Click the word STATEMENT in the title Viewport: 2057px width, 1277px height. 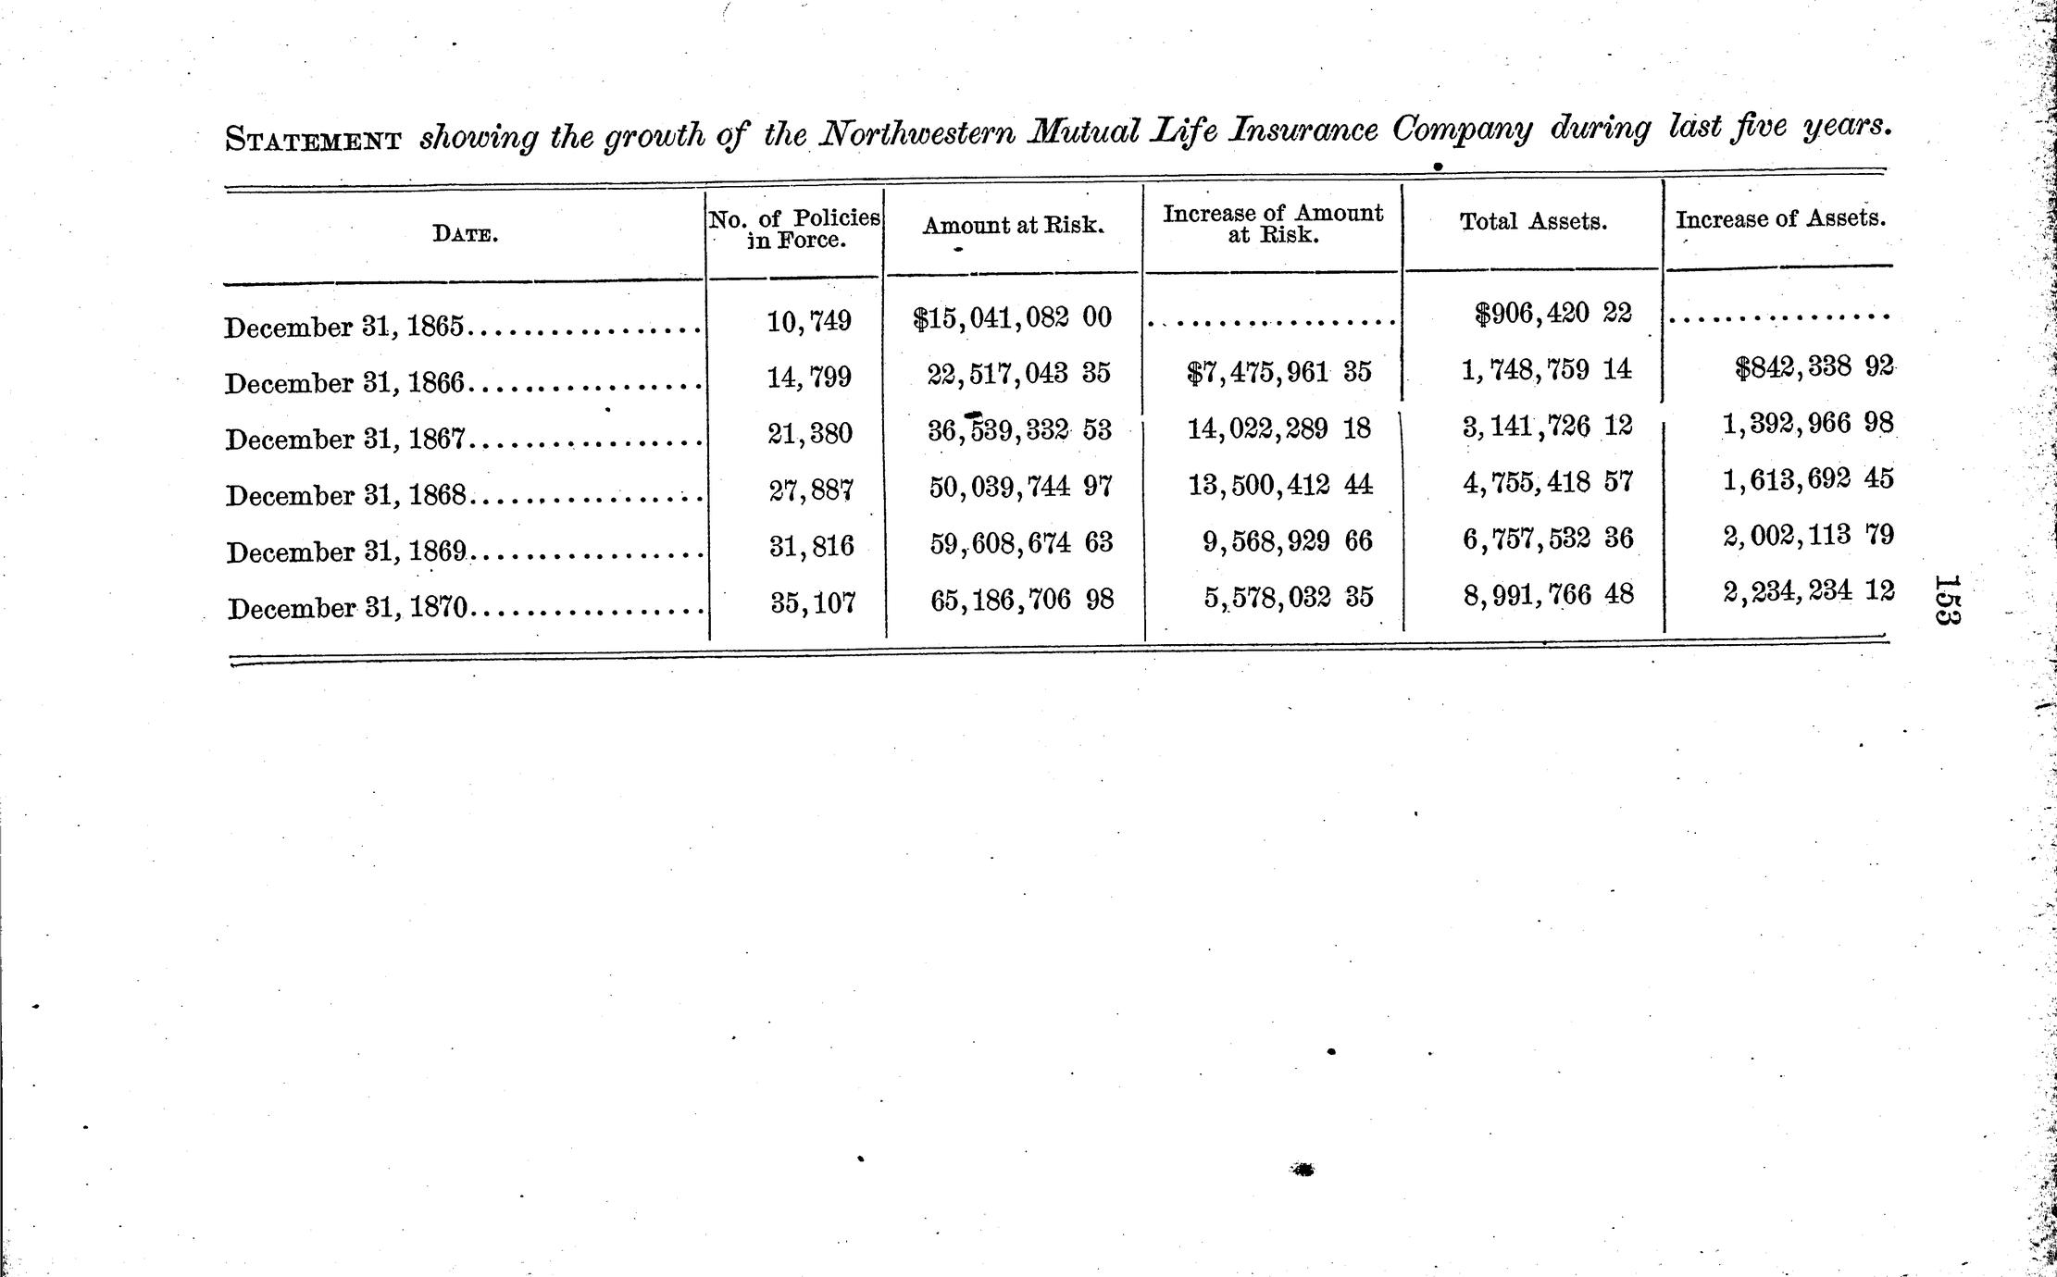314,141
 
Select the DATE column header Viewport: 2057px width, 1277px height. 465,234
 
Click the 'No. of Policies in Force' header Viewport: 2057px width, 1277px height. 794,229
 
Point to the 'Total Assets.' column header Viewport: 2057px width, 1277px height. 1533,222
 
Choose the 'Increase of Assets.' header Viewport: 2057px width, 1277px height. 1780,219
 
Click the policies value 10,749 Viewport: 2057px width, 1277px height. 809,321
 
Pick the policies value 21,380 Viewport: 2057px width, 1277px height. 810,433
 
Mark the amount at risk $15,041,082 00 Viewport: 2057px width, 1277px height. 1012,318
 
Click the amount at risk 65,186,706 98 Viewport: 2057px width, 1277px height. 1022,601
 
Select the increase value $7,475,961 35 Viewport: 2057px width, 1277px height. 1278,373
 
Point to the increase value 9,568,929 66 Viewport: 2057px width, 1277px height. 1288,541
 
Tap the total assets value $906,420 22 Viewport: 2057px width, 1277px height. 1552,314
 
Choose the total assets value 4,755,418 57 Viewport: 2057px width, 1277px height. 1548,482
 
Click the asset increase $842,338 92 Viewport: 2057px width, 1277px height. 1814,367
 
